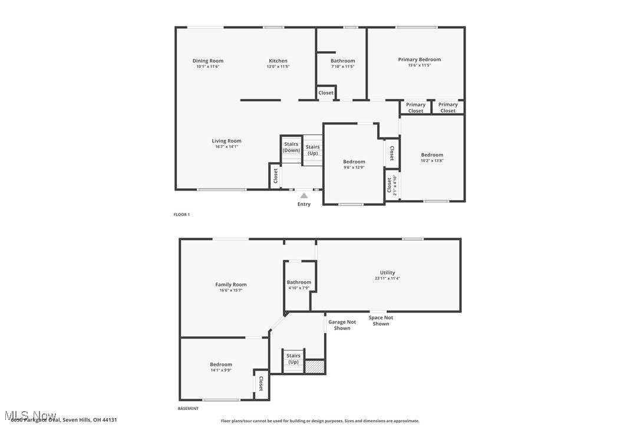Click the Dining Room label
pos(208,61)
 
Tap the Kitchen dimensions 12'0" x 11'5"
pos(278,67)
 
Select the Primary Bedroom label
pos(419,60)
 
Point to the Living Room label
pos(227,141)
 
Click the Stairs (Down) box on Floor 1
pos(291,147)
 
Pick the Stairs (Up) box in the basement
pos(293,359)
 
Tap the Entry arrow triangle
pos(303,196)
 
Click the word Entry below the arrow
pos(303,205)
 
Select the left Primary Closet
pos(415,108)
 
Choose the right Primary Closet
pos(448,108)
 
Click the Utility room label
pos(388,272)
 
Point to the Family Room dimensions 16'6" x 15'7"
pos(231,291)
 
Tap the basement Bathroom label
pos(299,283)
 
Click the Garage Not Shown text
pos(342,325)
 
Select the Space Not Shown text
pos(381,320)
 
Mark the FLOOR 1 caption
pos(182,215)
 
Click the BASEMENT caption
pos(188,408)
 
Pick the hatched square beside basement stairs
pos(315,366)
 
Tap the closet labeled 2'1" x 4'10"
pos(392,186)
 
